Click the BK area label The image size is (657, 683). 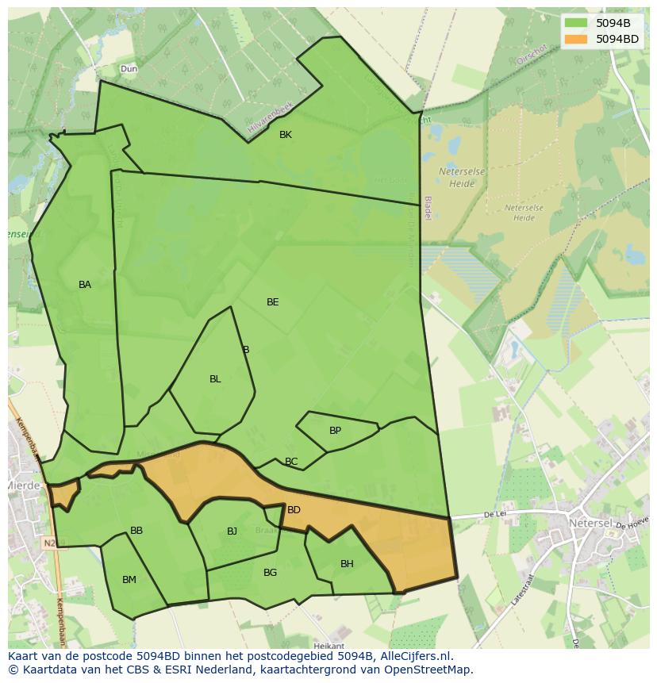tap(286, 135)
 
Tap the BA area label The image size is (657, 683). tap(85, 285)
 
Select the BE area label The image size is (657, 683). tap(273, 302)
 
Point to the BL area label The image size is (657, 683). tap(215, 379)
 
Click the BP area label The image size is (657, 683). tap(335, 431)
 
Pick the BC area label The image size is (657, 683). tap(291, 462)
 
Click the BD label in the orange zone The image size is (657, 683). tap(294, 510)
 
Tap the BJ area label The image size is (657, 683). tap(232, 531)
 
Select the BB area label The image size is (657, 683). tap(136, 531)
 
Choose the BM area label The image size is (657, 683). tap(129, 580)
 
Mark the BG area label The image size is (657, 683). tap(270, 573)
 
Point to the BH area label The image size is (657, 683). tap(347, 564)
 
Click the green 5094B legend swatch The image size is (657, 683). tap(576, 23)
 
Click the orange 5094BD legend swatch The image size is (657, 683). tap(576, 39)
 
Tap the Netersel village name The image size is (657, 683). tap(589, 524)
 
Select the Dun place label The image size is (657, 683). tap(129, 69)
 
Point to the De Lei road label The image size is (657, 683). tap(495, 515)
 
